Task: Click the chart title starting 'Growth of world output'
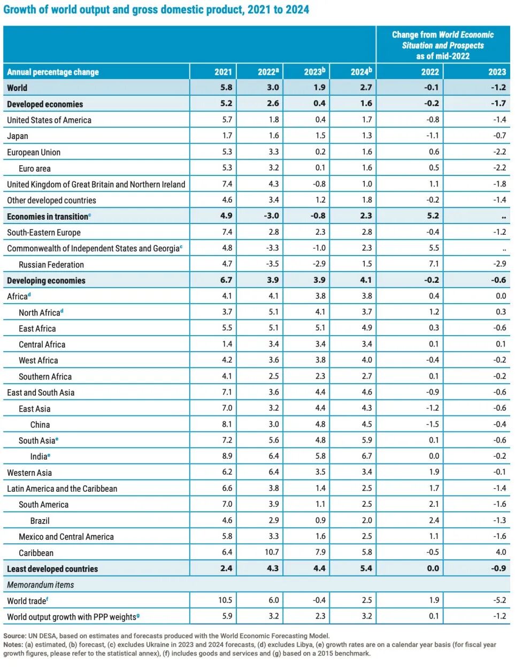156,10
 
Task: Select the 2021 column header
223,72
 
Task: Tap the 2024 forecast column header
361,72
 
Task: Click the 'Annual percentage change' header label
53,72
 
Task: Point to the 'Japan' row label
18,136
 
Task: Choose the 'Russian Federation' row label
51,264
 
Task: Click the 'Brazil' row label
40,520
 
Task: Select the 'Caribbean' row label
36,552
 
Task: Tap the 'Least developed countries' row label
52,569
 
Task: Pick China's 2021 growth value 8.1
227,424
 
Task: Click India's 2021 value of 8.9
227,456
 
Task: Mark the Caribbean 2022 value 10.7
272,552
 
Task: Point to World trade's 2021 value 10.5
225,600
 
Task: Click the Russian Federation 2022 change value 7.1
434,264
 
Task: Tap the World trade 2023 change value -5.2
499,600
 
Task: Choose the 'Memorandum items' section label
41,584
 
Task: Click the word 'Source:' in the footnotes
14,636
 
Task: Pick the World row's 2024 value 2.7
366,87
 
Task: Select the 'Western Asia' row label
29,473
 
